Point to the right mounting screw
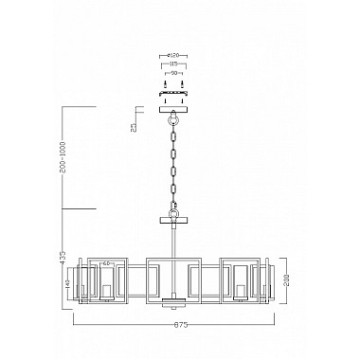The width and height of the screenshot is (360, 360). click(x=183, y=86)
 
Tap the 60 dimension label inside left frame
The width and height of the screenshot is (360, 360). click(x=108, y=262)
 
